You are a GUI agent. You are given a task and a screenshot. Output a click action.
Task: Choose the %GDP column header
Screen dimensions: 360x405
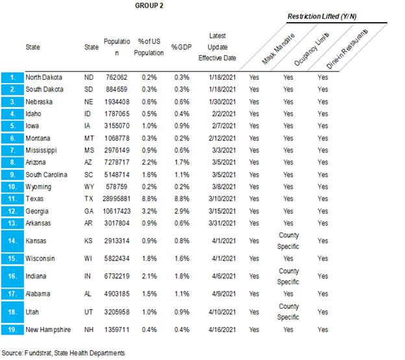pyautogui.click(x=179, y=47)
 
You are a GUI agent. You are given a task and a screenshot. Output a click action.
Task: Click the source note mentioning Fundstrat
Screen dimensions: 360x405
pyautogui.click(x=62, y=354)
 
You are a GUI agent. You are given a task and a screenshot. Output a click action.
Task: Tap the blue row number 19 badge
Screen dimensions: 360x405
pyautogui.click(x=12, y=329)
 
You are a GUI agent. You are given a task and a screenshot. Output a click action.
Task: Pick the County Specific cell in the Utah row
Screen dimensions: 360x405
pyautogui.click(x=288, y=311)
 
